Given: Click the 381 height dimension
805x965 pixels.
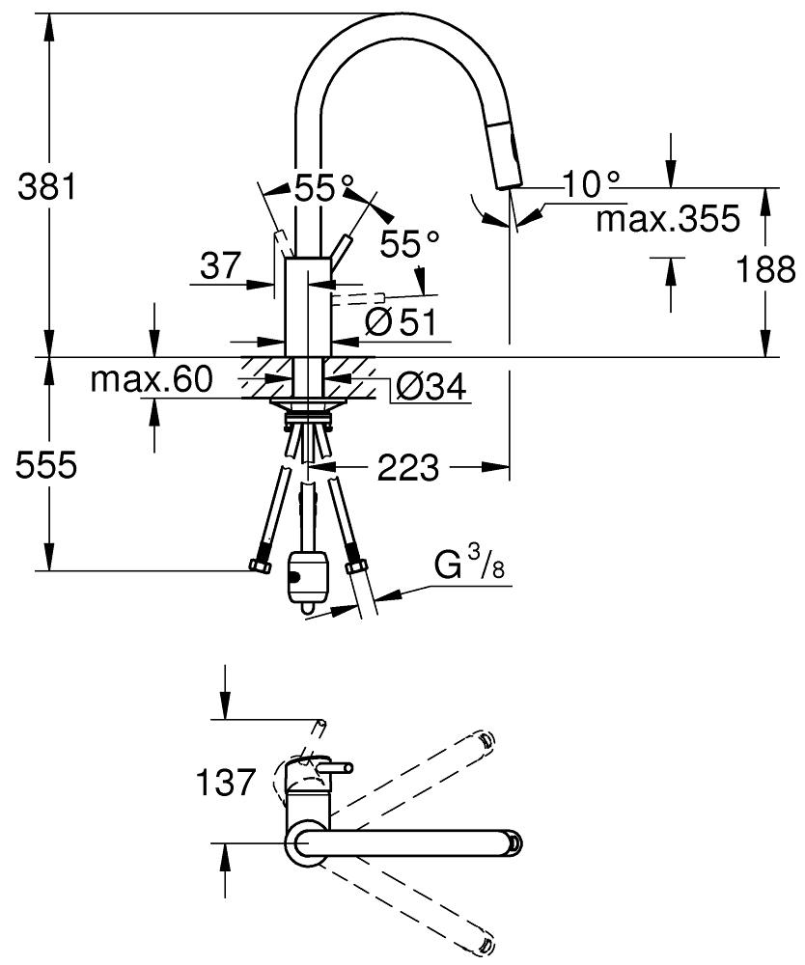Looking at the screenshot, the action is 46,186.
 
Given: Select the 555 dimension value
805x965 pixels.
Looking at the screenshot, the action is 46,465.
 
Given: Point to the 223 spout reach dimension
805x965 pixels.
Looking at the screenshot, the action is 408,468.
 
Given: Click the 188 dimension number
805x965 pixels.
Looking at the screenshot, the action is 766,269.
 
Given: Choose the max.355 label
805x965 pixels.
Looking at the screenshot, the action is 668,218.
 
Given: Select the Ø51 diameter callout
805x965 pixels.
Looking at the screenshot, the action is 400,321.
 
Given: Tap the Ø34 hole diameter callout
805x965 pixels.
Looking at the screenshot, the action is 430,387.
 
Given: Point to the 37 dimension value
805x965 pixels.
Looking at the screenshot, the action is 220,266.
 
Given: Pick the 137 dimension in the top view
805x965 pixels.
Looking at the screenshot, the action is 225,783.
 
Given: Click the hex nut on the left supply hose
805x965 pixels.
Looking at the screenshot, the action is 261,566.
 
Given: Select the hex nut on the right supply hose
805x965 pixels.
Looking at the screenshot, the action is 356,565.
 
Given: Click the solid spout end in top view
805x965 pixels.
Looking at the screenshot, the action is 514,841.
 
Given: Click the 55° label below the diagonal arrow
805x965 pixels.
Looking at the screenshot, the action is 409,244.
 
